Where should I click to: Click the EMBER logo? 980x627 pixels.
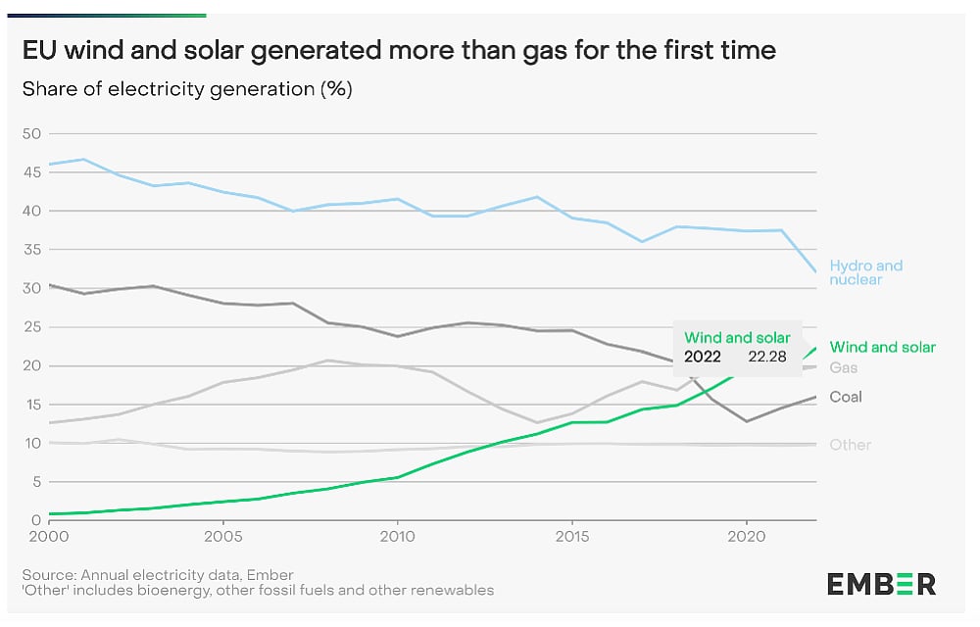click(x=881, y=584)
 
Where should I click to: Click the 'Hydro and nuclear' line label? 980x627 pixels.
click(x=865, y=272)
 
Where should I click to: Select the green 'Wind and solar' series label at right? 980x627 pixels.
click(x=882, y=347)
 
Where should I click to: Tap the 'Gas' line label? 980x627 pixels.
click(x=843, y=367)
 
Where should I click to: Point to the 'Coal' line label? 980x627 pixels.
click(x=846, y=397)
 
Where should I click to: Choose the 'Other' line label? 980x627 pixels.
click(x=850, y=445)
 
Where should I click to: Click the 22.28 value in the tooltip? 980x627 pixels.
click(x=765, y=357)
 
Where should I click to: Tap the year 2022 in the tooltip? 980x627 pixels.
click(x=703, y=357)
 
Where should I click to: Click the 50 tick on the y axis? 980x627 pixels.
click(x=31, y=133)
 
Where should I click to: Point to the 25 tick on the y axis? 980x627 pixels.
click(x=31, y=327)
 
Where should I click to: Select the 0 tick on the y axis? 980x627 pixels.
click(x=35, y=520)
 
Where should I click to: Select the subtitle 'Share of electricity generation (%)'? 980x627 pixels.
click(x=187, y=89)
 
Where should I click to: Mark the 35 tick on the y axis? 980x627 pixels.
click(x=31, y=250)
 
